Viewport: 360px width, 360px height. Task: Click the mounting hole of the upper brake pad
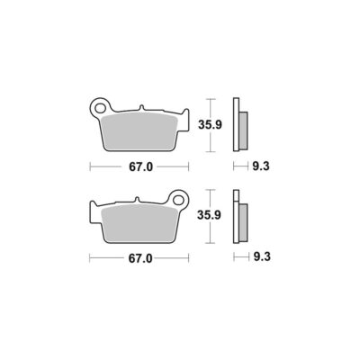[x=99, y=107]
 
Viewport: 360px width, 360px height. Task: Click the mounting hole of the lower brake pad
[x=178, y=200]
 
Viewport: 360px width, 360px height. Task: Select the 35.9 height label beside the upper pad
[x=210, y=125]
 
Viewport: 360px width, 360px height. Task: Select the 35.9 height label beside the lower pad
[x=209, y=215]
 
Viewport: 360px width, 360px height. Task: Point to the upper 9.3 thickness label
[x=261, y=166]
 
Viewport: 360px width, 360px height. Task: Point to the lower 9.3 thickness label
[x=262, y=256]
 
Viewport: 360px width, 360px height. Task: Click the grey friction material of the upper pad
[x=139, y=131]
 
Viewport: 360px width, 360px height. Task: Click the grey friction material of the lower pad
[x=139, y=223]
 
